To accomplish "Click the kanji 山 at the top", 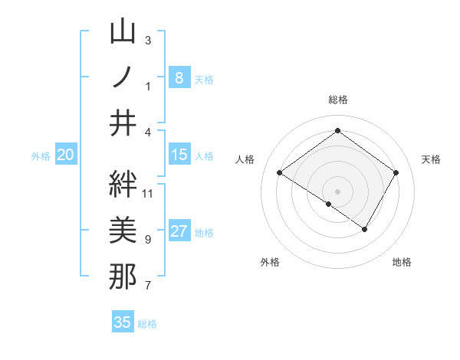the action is (x=123, y=33).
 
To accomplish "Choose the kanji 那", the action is (x=123, y=276).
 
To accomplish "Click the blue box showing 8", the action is (x=179, y=77).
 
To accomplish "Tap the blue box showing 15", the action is (x=179, y=155).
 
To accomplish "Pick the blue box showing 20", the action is (x=65, y=155).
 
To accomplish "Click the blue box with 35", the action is (x=123, y=322).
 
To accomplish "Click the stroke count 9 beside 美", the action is (x=148, y=240).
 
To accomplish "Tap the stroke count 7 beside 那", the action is (x=148, y=286).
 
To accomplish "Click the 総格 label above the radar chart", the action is (x=338, y=100).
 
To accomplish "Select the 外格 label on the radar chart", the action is (x=270, y=262).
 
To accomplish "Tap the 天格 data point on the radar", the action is (x=396, y=173).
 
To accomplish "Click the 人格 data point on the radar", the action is (x=280, y=173).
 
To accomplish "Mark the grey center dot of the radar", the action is (x=337, y=191).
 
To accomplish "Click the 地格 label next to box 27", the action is (x=205, y=233).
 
